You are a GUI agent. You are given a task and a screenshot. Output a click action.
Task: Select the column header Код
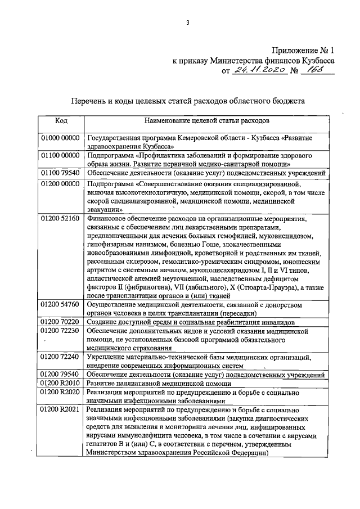pos(61,120)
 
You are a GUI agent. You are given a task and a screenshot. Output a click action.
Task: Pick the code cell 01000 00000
pos(61,137)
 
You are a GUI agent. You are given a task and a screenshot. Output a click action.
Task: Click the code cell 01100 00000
pos(61,155)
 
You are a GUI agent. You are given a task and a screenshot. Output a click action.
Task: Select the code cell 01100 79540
pos(61,173)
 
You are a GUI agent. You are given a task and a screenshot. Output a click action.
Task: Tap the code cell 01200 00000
pos(61,183)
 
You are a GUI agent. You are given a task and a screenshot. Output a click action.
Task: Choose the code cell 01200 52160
pos(61,218)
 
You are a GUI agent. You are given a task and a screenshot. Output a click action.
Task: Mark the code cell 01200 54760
pos(61,304)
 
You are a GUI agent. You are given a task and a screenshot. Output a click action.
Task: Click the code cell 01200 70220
pos(61,322)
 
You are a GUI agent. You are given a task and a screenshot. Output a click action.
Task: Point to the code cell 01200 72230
pos(61,331)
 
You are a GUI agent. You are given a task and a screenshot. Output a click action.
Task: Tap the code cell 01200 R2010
pos(61,383)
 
